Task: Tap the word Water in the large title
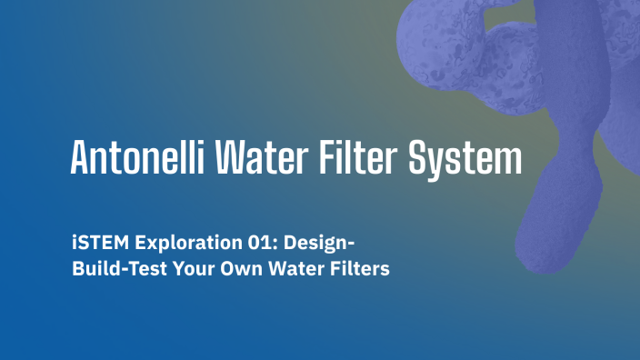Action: [263, 159]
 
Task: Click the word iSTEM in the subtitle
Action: [98, 244]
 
